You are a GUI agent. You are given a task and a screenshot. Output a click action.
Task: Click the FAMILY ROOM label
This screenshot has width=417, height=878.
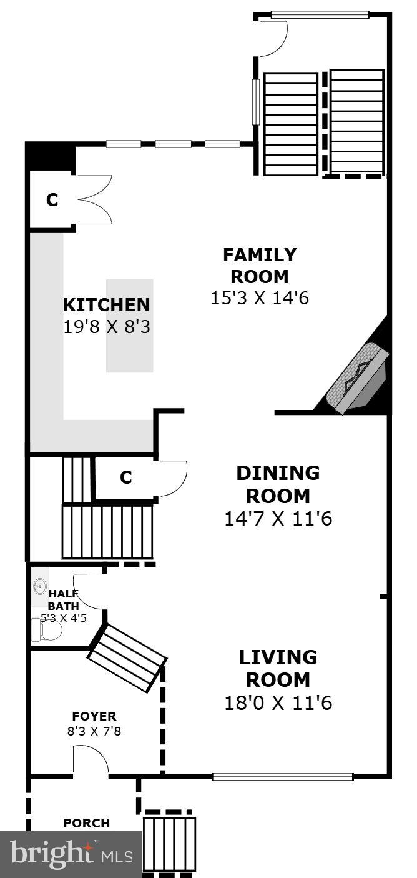pos(260,266)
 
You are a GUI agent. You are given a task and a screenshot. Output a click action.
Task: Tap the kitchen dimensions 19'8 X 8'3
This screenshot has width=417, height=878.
pos(107,326)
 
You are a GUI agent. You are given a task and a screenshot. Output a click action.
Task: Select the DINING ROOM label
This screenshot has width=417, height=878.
pos(278,484)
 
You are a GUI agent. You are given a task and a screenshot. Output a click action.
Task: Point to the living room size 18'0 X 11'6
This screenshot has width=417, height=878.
pos(278,703)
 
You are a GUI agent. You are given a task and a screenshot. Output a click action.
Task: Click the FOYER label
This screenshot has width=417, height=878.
pos(94,716)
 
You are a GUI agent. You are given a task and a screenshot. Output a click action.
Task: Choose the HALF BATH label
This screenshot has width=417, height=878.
pos(64,599)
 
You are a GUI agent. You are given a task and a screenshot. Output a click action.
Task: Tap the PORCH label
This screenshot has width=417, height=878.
pos(86,823)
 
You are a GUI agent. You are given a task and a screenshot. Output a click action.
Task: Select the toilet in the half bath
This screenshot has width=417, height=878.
pos(48,630)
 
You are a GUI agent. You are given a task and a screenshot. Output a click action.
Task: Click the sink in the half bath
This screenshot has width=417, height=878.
pos(39,586)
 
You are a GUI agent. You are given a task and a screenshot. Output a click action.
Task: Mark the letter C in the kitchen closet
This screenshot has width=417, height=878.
pos(52,200)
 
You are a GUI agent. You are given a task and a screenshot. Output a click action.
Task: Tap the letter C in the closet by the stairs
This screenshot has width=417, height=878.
pos(126,477)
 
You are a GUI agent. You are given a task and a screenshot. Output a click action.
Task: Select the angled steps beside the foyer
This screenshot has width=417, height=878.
pos(127,657)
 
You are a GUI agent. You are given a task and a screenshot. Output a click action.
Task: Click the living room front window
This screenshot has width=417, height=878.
pos(283,777)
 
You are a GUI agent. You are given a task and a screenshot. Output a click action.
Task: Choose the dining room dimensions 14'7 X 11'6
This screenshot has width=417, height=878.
pos(278,518)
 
